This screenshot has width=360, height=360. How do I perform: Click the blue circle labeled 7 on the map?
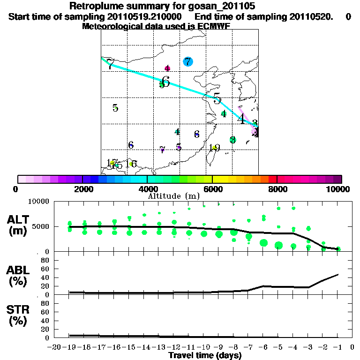[x=187, y=61]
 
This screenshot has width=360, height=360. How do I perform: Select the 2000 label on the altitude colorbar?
[x=82, y=189]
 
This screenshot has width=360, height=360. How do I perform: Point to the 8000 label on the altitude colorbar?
[x=277, y=189]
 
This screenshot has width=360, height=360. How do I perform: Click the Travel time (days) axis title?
[x=205, y=356]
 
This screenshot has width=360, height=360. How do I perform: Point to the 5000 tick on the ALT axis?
[x=41, y=227]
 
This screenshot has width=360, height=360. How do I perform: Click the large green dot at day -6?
[x=263, y=242]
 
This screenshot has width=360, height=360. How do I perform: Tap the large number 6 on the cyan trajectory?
[x=165, y=82]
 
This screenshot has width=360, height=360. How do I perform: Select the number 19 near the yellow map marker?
[x=215, y=148]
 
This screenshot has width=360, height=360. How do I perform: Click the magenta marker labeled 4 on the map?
[x=167, y=68]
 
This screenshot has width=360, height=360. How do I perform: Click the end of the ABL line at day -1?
[x=338, y=274]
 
